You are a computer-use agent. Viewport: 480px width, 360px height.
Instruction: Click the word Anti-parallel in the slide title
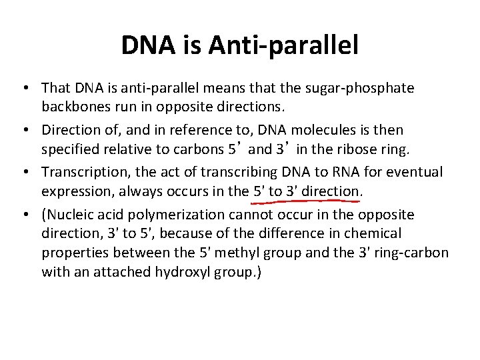[x=283, y=45]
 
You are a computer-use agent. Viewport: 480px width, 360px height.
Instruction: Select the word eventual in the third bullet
[x=417, y=172]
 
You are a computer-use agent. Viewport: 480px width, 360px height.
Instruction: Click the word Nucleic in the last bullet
[x=69, y=215]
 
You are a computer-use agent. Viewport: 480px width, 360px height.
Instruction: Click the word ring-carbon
[x=411, y=253]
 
